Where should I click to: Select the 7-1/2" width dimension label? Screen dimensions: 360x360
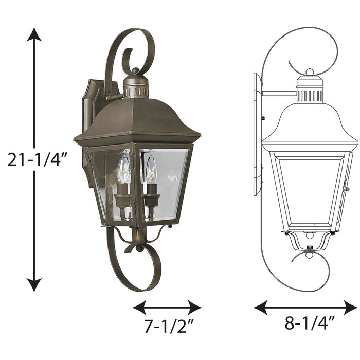click(166, 327)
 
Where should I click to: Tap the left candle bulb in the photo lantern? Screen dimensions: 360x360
click(123, 171)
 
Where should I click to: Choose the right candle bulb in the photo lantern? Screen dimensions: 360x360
click(151, 171)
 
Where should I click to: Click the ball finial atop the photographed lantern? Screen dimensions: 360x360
click(135, 71)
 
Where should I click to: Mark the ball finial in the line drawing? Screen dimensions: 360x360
click(310, 73)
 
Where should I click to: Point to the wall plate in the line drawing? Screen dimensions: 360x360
click(257, 134)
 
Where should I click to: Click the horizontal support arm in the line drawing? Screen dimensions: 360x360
click(278, 93)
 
